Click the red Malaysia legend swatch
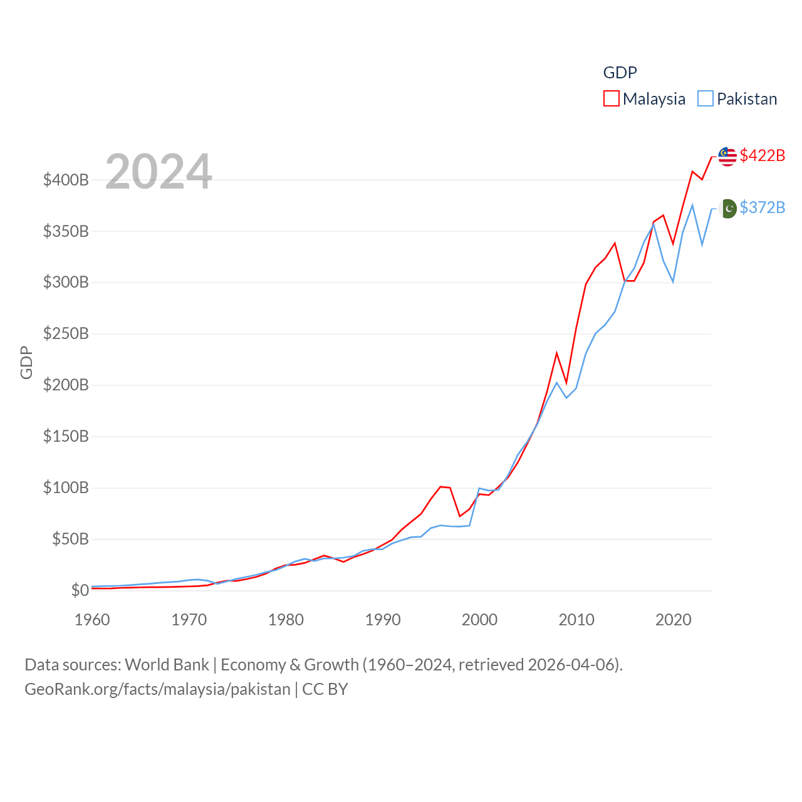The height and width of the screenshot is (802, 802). pyautogui.click(x=611, y=99)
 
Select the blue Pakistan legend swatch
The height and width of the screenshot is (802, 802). pyautogui.click(x=706, y=99)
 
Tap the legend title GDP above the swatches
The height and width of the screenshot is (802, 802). pyautogui.click(x=620, y=73)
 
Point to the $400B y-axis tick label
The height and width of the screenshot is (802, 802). pyautogui.click(x=66, y=180)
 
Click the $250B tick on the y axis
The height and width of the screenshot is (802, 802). pyautogui.click(x=66, y=334)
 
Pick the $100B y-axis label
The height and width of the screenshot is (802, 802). pyautogui.click(x=66, y=488)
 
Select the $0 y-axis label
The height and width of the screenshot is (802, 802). pyautogui.click(x=80, y=590)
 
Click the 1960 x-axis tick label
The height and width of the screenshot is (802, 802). pyautogui.click(x=92, y=620)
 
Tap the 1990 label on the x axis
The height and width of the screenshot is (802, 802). pyautogui.click(x=383, y=620)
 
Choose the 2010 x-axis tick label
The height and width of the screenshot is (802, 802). pyautogui.click(x=576, y=620)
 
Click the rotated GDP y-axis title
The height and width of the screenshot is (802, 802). pyautogui.click(x=26, y=362)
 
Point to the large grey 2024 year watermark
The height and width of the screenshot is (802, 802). pyautogui.click(x=159, y=171)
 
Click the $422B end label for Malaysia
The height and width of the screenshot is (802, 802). pyautogui.click(x=762, y=155)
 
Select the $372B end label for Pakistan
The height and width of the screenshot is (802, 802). pyautogui.click(x=762, y=207)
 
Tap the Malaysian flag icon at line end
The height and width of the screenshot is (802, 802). pyautogui.click(x=727, y=157)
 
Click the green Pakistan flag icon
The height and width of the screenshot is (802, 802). pyautogui.click(x=729, y=208)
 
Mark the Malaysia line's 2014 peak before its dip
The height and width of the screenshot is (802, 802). pyautogui.click(x=615, y=243)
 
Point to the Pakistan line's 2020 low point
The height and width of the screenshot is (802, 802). pyautogui.click(x=673, y=282)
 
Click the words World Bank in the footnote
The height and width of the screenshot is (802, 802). pyautogui.click(x=167, y=665)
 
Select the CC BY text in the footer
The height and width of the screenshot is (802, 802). pyautogui.click(x=325, y=689)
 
